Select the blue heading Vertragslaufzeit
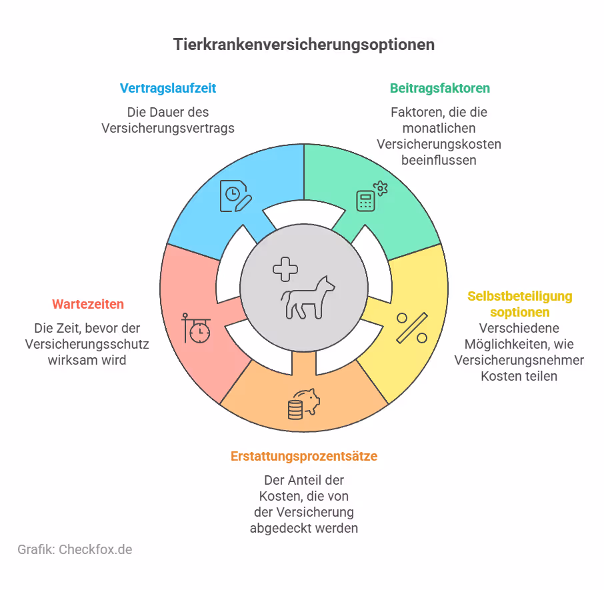(168, 88)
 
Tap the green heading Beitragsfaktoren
(439, 88)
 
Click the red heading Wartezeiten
(88, 304)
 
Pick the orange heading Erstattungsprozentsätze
(304, 457)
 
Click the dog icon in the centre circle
(308, 297)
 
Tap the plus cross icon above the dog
(285, 269)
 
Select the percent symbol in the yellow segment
(411, 327)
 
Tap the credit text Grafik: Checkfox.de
(75, 549)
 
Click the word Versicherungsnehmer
(519, 360)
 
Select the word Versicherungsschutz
(87, 344)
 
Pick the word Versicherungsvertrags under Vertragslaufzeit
(168, 128)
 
